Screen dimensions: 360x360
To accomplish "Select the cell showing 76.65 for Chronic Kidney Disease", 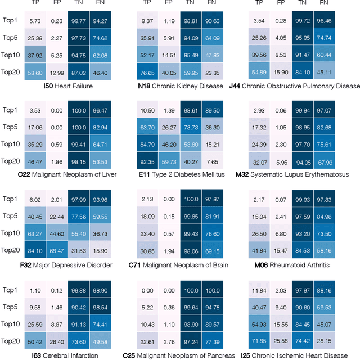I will pos(147,73).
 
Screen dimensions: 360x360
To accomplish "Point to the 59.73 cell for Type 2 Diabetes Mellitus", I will pos(169,162).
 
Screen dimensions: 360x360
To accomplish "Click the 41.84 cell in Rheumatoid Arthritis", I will pos(259,251).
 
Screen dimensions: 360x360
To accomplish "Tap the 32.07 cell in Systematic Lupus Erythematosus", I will pos(259,162).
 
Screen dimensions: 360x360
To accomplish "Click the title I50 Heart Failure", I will pos(68,86).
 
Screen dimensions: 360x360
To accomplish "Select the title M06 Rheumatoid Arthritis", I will pos(292,264).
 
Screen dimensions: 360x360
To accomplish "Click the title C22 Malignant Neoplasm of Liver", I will pos(67,174).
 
